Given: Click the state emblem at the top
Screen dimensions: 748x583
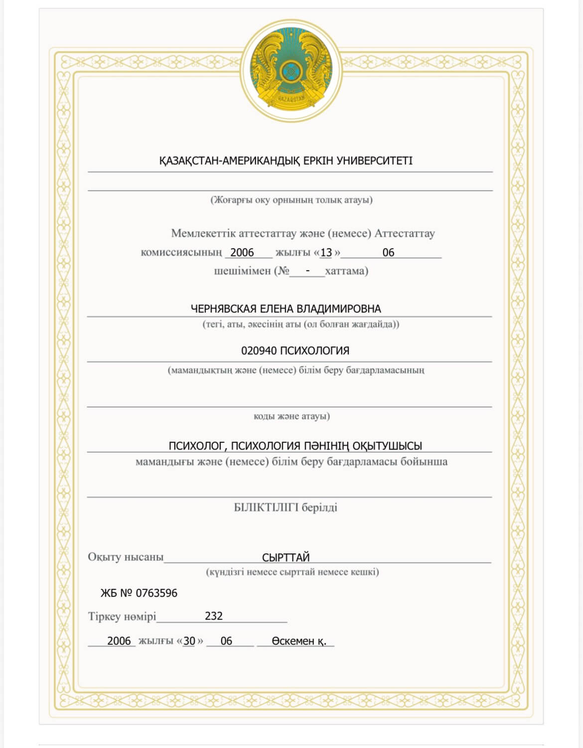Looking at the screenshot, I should tap(291, 70).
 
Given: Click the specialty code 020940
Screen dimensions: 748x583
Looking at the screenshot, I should tap(259, 351).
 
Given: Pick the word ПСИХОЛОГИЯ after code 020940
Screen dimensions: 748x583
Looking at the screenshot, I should tap(314, 351).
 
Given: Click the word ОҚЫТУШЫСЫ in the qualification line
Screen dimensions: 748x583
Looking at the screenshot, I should tap(387, 446).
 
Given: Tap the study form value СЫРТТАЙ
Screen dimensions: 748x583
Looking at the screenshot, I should tap(286, 558).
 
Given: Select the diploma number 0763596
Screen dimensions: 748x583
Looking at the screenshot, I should tap(156, 593).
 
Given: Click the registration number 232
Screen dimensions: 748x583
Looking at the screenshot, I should tap(214, 616).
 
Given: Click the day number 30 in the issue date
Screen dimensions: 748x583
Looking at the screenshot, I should tap(189, 641).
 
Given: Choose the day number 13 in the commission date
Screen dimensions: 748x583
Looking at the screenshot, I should tap(326, 252).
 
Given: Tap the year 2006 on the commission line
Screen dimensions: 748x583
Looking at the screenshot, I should tap(242, 252).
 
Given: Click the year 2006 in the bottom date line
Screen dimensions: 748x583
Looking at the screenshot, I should tap(119, 641).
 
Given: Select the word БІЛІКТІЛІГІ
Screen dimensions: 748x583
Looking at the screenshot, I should tap(266, 508).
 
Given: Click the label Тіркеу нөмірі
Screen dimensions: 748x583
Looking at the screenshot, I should tap(122, 616).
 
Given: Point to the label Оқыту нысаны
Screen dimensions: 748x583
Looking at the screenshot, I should tap(126, 557).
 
